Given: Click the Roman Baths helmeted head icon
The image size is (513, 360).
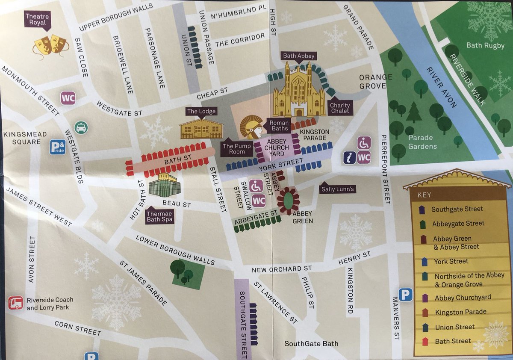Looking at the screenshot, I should tap(251, 127).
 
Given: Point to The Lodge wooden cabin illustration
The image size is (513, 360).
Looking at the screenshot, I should tap(201, 128).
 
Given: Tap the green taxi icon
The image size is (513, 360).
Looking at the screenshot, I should tap(81, 127).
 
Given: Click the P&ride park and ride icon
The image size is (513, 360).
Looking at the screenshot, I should tap(58, 147).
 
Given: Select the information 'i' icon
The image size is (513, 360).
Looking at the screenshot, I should tap(349, 157).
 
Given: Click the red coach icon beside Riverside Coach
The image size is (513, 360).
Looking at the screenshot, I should tap(16, 303).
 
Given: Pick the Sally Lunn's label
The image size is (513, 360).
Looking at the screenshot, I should tap(338, 189).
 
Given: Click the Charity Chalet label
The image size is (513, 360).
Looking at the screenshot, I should tap(340, 108).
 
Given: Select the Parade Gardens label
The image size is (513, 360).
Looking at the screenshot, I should tap(422, 142).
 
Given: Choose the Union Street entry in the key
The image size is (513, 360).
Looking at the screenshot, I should tap(454, 327).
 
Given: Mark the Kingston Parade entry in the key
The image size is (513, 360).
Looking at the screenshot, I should tap(460, 312).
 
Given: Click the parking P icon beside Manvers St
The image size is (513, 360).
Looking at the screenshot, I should tap(405, 295).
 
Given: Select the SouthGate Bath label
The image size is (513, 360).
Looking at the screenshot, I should tap(311, 344).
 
